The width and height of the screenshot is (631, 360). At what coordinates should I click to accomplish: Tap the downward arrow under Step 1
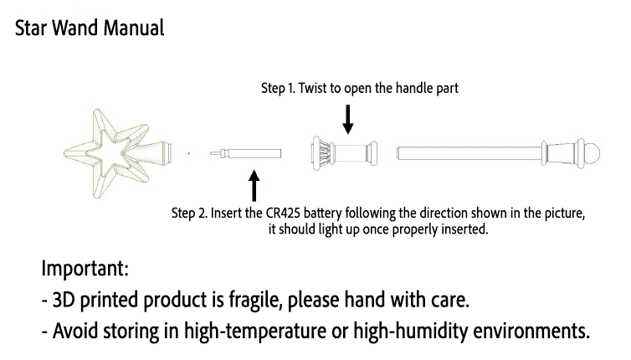coord(348,119)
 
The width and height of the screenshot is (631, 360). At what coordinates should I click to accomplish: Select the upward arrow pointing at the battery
coord(254,186)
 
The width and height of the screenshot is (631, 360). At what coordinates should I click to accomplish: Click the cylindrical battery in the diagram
coord(245,153)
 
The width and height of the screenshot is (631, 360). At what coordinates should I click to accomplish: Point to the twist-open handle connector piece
coord(345,153)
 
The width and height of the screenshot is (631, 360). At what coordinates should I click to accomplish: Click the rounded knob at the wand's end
coord(593,153)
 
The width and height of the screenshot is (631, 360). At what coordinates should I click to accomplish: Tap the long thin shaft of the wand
coord(469,153)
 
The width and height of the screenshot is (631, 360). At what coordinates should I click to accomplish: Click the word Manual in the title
coord(134,28)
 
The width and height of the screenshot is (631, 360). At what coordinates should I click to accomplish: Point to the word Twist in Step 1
coord(313,88)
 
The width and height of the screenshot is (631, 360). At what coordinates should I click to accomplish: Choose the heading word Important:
coord(85,269)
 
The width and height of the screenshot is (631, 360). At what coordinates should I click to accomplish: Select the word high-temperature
coord(255,331)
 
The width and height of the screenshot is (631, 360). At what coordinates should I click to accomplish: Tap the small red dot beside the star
coord(189,153)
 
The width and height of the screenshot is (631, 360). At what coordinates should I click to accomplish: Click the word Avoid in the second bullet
coord(75,331)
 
